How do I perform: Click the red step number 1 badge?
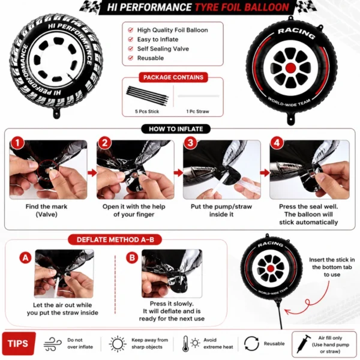[17, 143]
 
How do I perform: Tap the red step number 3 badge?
[190, 143]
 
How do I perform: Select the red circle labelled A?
[25, 257]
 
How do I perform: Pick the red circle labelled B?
[132, 257]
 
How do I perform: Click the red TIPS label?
[19, 343]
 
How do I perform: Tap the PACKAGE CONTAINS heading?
[173, 77]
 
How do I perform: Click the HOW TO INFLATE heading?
[176, 129]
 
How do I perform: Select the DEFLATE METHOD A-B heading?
[115, 239]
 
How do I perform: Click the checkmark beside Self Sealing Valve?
[131, 49]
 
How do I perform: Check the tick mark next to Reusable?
[131, 58]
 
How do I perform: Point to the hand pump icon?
[303, 344]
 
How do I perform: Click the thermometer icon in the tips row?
[185, 344]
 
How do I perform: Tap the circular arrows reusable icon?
[251, 344]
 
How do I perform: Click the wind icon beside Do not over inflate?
[53, 344]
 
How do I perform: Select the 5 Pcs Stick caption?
[147, 112]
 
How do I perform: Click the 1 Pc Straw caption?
[197, 112]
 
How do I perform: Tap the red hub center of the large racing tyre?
[291, 68]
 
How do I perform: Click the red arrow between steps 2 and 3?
[178, 173]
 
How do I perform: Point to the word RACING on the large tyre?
[296, 34]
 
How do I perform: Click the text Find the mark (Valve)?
[47, 211]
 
